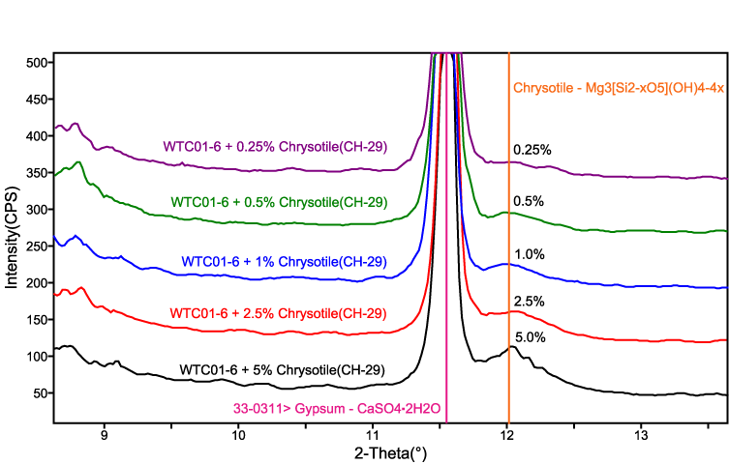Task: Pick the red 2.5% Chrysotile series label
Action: [278, 313]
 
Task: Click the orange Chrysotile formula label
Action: [620, 87]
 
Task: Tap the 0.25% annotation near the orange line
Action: [532, 150]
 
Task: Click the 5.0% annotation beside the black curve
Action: [531, 338]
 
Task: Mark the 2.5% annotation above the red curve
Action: [529, 301]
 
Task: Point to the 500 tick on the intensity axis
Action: [36, 63]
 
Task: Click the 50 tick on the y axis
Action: [39, 393]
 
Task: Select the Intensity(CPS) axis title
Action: [13, 228]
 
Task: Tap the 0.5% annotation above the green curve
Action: [529, 201]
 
